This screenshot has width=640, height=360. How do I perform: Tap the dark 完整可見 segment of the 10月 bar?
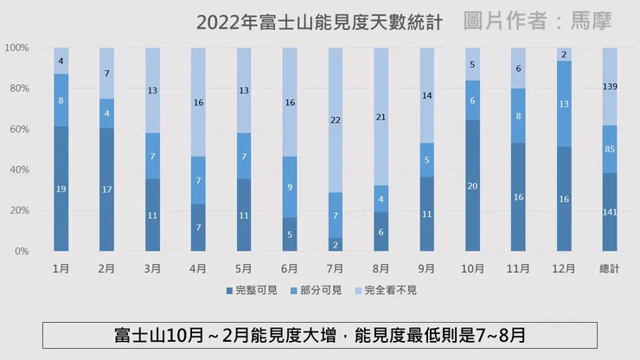click(472, 186)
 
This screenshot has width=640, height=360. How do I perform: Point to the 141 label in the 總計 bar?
click(610, 213)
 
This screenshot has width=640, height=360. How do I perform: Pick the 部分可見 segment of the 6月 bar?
click(290, 187)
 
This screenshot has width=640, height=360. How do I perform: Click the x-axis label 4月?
click(198, 268)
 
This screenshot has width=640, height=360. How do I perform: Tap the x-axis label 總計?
click(610, 268)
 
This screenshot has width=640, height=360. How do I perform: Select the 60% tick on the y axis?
click(18, 129)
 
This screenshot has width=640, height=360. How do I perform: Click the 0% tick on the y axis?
click(21, 251)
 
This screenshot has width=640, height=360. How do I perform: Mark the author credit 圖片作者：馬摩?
click(537, 21)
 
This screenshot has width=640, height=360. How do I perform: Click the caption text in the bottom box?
click(319, 334)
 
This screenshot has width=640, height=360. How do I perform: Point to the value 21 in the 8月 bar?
click(381, 117)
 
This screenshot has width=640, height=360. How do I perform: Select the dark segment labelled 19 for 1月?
click(61, 189)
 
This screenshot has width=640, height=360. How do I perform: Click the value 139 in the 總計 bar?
click(610, 87)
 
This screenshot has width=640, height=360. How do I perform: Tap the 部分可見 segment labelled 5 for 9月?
click(427, 160)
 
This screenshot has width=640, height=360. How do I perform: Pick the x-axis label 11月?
click(518, 268)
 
